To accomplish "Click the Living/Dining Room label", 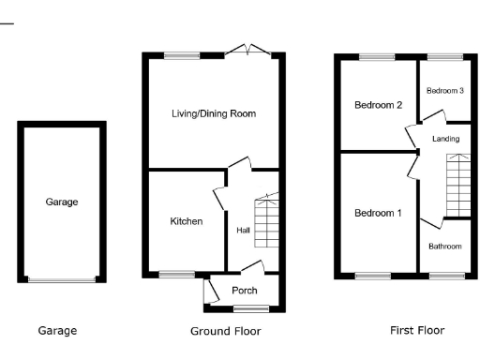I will tap(214, 113).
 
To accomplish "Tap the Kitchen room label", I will tap(186, 221).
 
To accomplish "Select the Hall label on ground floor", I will tap(243, 230).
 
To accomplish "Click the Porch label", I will tap(244, 291).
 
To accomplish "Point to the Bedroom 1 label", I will tap(378, 214).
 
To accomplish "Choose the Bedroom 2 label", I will tap(378, 105).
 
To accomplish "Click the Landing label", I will tap(445, 139).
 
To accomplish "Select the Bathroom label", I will tap(445, 247).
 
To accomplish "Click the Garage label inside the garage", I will tap(63, 202).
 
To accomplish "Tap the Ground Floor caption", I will tap(225, 331).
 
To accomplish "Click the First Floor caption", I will tap(417, 330).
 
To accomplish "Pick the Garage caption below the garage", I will tap(57, 331).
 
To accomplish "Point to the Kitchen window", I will tap(174, 275).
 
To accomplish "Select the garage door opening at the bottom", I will tap(63, 278).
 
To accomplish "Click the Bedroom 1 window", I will tap(372, 276).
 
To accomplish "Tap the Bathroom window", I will tap(446, 276).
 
